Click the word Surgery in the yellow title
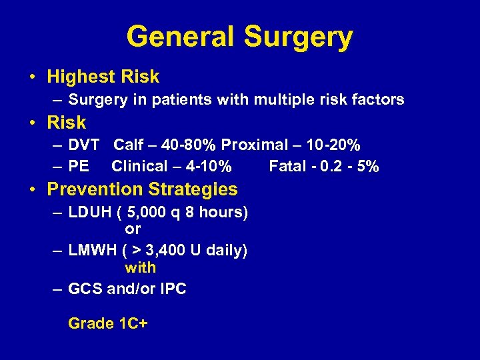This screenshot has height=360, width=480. pyautogui.click(x=298, y=37)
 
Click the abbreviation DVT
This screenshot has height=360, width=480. pyautogui.click(x=84, y=145)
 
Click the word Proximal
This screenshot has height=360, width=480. pyautogui.click(x=251, y=145)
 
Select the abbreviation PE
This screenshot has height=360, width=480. pyautogui.click(x=79, y=166)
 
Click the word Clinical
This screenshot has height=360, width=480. pyautogui.click(x=139, y=166)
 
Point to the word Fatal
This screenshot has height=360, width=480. pyautogui.click(x=287, y=166)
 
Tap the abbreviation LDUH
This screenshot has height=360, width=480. pyautogui.click(x=89, y=213)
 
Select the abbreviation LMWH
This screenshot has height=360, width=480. pyautogui.click(x=92, y=251)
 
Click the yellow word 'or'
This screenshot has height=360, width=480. pyautogui.click(x=133, y=229)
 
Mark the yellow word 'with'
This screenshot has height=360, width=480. pyautogui.click(x=141, y=268)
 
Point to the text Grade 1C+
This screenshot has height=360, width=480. pyautogui.click(x=108, y=324)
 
